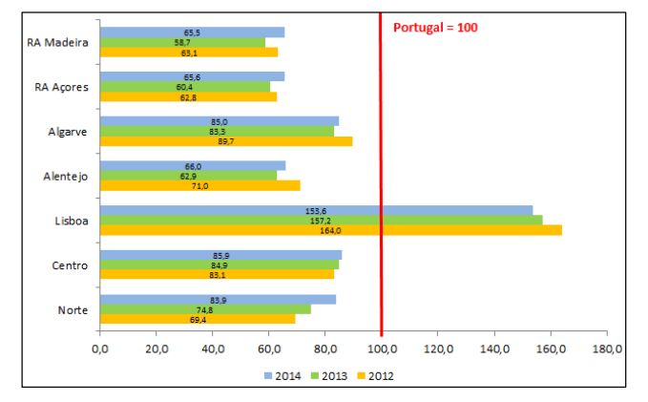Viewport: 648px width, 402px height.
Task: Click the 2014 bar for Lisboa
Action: click(316, 210)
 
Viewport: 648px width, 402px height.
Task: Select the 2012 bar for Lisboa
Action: click(330, 230)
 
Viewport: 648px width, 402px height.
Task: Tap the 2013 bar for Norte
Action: click(204, 308)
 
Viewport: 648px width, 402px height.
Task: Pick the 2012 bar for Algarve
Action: click(225, 141)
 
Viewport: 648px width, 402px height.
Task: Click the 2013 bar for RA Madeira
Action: click(182, 43)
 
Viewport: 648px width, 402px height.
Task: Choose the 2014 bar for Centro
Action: click(220, 255)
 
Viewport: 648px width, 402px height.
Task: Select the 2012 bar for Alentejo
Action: click(199, 185)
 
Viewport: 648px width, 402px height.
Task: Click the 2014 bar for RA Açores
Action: click(192, 76)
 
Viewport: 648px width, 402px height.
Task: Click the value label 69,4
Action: click(199, 319)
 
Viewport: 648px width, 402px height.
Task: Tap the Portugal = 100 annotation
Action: click(435, 28)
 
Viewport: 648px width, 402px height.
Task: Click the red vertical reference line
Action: click(381, 172)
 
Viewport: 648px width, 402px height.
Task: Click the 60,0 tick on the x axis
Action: click(269, 350)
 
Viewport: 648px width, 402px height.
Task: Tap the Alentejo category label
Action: click(67, 176)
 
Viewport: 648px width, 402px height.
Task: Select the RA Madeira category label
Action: click(61, 43)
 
